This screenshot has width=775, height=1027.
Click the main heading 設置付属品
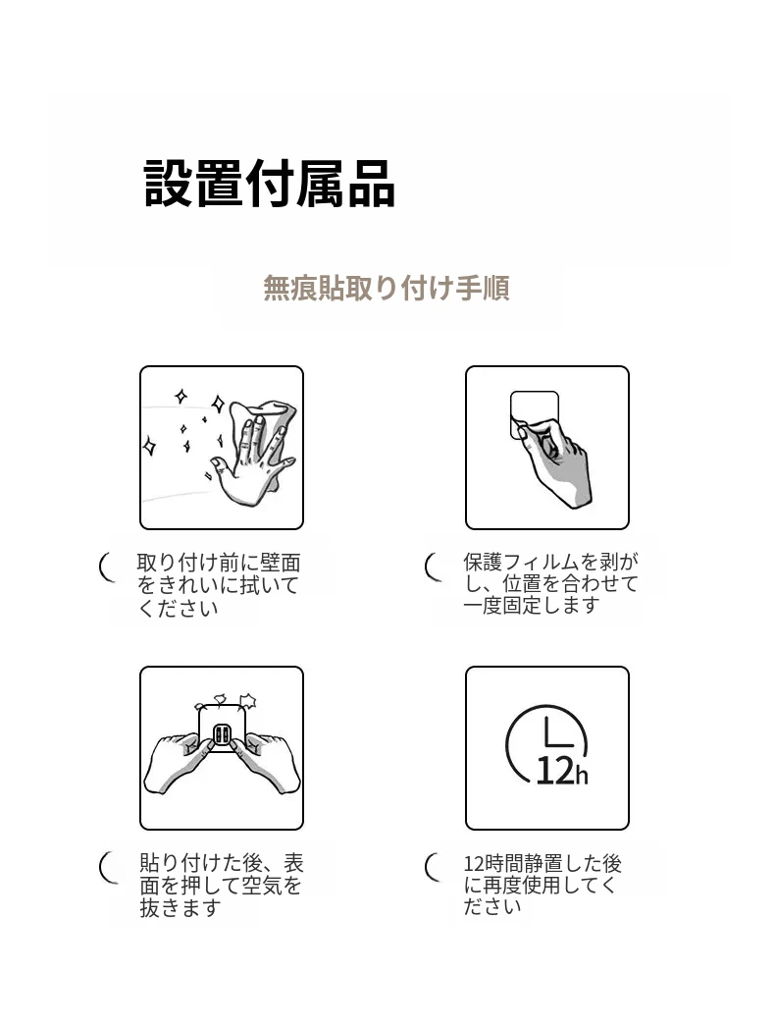coord(269,184)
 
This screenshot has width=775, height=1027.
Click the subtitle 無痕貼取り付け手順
coord(387,288)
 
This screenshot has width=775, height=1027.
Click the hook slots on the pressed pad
coord(222,734)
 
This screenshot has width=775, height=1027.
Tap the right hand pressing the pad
coord(265,762)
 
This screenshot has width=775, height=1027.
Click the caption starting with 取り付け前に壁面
coord(219,585)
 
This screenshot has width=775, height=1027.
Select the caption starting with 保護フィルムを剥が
coord(550,583)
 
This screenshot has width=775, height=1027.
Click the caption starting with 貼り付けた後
coord(222,885)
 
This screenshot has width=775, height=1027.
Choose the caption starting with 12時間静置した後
coord(542,885)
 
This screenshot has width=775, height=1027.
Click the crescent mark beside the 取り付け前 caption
coord(105,568)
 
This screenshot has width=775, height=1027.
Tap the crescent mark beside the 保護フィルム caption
coord(432,568)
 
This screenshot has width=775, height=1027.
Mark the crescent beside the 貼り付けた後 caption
coord(107,867)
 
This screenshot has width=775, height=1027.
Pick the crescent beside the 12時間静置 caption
coord(432,867)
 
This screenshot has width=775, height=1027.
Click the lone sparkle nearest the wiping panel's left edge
coord(150,447)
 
